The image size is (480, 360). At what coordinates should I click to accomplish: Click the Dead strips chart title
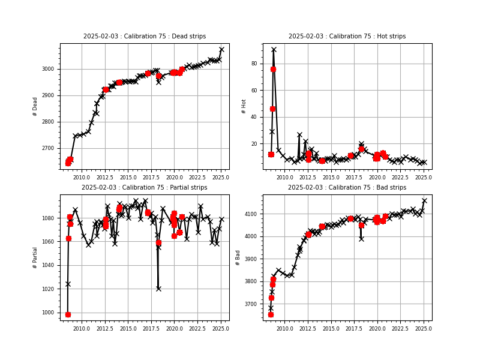pos(144,37)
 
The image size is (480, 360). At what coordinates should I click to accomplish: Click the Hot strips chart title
pos(347,37)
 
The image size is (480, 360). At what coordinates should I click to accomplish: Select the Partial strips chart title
pos(144,188)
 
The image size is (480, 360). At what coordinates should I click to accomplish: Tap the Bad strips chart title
pos(347,188)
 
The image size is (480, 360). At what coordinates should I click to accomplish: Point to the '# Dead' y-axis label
pos(35,106)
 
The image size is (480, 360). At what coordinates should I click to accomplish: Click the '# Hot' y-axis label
pos(244,106)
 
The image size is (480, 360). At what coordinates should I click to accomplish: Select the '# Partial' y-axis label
pos(35,257)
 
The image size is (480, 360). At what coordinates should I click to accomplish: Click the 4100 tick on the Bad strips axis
pos(250,214)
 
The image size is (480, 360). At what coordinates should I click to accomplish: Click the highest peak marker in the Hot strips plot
pos(274,49)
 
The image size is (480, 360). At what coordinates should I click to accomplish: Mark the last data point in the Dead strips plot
pos(221,49)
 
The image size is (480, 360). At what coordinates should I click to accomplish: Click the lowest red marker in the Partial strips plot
pos(68,314)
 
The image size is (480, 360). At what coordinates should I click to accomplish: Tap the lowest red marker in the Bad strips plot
pos(271,314)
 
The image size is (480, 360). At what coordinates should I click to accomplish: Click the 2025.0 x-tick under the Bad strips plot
pos(424,329)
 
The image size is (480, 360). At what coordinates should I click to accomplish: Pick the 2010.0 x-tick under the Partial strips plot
pos(82,329)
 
